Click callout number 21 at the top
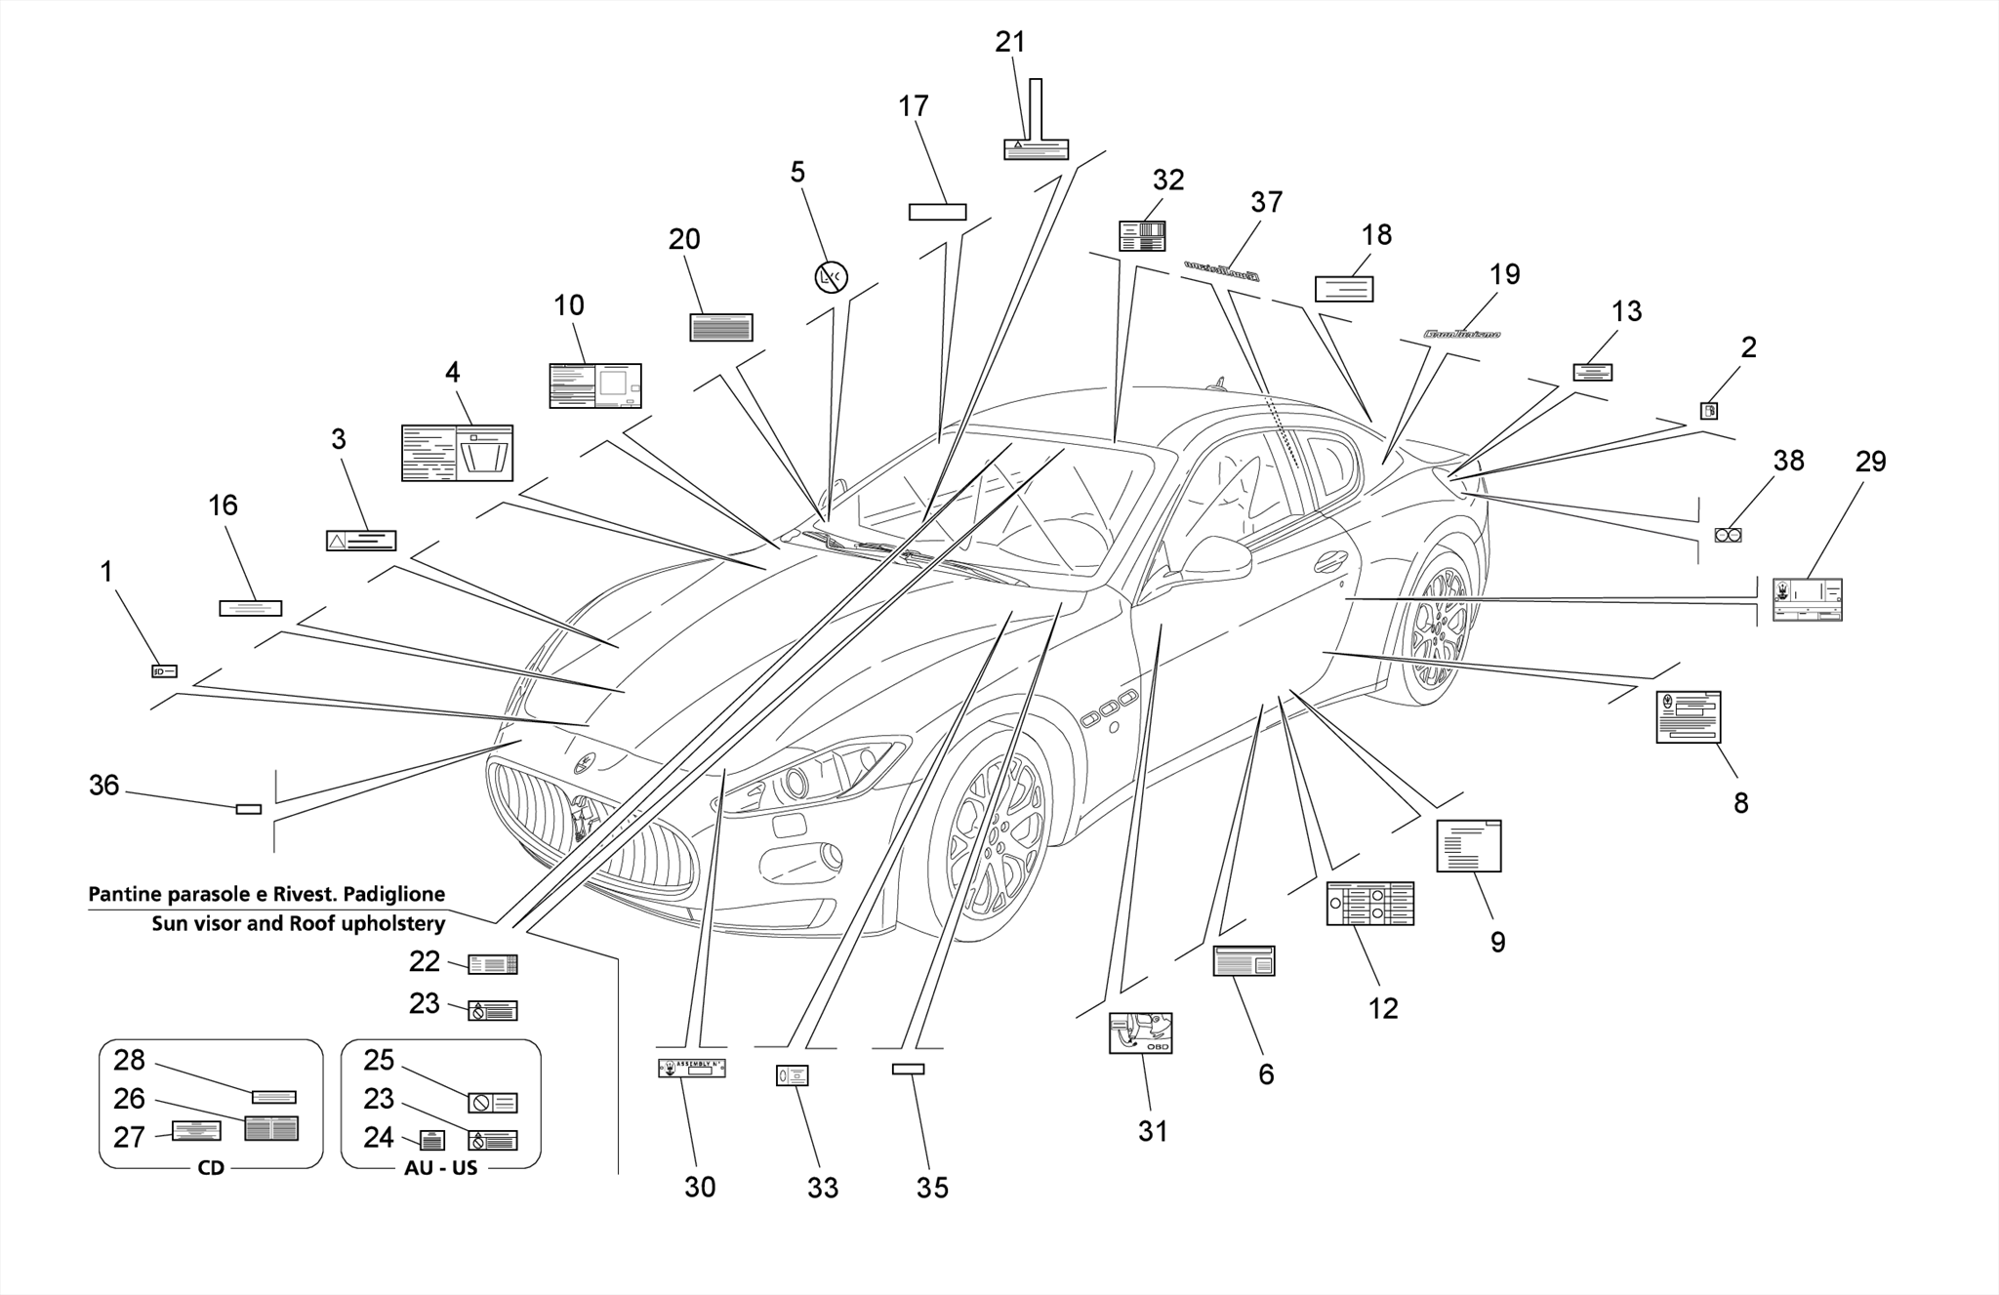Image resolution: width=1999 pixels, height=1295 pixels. [x=1010, y=42]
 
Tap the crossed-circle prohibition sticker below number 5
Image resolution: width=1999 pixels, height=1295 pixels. [x=831, y=278]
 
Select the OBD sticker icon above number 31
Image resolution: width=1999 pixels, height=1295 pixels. [x=1140, y=1032]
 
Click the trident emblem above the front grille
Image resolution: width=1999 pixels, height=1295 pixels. [x=584, y=763]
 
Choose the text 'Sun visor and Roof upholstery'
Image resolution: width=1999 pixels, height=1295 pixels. [x=298, y=923]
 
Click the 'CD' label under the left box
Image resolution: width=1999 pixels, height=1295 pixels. [x=211, y=1167]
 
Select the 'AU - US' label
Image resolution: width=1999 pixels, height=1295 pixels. [x=440, y=1167]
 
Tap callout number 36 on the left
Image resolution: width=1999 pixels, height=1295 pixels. [x=104, y=785]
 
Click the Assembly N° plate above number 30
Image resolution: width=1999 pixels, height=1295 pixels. [x=691, y=1068]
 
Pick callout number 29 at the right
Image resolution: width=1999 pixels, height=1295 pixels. [x=1870, y=462]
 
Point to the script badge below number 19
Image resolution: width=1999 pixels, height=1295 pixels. [x=1461, y=335]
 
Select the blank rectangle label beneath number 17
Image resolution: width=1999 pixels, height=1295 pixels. [x=937, y=212]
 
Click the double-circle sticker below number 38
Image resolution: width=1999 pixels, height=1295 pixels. [x=1728, y=535]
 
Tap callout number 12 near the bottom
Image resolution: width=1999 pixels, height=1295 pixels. [x=1383, y=1008]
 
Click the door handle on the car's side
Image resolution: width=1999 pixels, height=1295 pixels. [x=1330, y=561]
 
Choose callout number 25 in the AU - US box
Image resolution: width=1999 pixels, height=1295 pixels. [x=379, y=1060]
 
